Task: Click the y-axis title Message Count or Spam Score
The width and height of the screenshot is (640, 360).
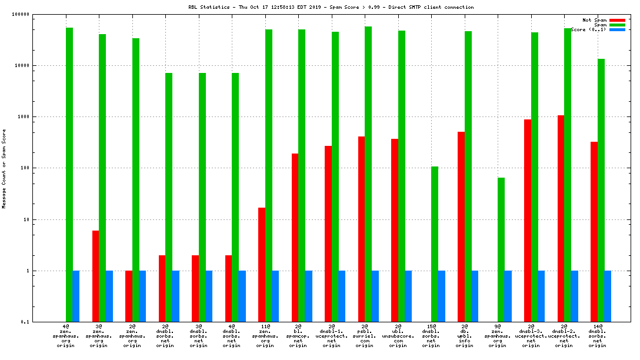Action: click(x=4, y=169)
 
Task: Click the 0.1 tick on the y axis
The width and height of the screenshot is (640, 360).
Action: click(x=26, y=322)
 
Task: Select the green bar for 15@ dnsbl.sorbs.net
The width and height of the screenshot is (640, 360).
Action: click(x=435, y=244)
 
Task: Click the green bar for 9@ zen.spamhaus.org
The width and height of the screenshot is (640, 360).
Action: click(x=501, y=249)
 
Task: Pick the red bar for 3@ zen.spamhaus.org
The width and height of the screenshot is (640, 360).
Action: click(x=95, y=276)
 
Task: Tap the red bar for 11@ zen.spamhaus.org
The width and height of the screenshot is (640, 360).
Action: click(x=262, y=265)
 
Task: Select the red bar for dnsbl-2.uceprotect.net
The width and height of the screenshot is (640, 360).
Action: click(x=561, y=218)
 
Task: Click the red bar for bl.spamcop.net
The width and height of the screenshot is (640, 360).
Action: click(x=295, y=238)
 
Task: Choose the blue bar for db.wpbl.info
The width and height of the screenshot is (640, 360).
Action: click(x=475, y=296)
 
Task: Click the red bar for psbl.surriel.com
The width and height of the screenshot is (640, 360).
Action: click(x=361, y=229)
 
